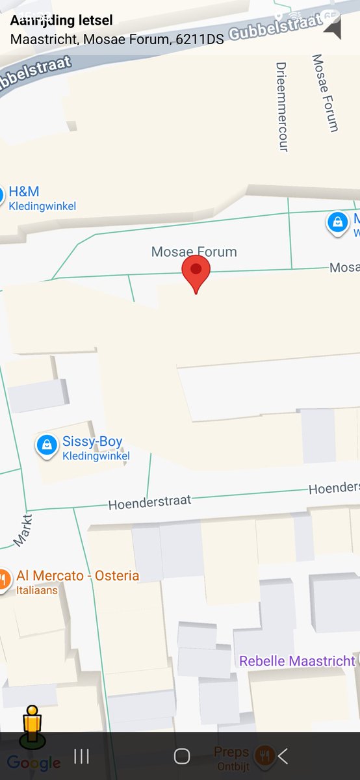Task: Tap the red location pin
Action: [196, 272]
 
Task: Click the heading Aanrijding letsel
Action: [61, 21]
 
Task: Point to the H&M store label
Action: [24, 192]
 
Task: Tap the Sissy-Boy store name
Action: [92, 442]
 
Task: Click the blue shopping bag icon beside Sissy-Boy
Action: [46, 445]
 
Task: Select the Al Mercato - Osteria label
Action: [77, 576]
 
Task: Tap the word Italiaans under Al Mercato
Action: [37, 590]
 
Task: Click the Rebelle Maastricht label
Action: [297, 661]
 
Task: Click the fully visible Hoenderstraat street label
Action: [149, 502]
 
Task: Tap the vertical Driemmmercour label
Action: [282, 107]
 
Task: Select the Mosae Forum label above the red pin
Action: [194, 252]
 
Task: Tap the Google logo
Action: [34, 762]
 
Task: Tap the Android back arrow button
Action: [282, 755]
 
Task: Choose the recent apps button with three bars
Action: [81, 755]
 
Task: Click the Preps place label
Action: [231, 752]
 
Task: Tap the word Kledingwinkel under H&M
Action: [42, 207]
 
